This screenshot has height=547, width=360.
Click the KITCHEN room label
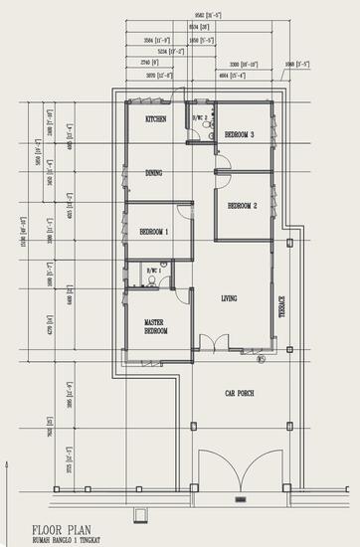[x=156, y=119]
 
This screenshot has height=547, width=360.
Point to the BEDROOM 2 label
[x=243, y=206]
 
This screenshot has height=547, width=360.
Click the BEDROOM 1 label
[x=153, y=231]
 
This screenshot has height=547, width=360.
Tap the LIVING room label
[x=229, y=298]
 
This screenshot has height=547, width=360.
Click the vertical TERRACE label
[x=281, y=307]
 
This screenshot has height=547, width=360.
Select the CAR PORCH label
[x=239, y=394]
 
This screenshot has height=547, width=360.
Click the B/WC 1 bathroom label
[x=152, y=271]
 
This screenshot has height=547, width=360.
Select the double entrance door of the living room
[x=214, y=343]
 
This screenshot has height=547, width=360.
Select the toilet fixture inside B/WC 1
[x=148, y=282]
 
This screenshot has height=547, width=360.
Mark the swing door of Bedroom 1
[x=184, y=212]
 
